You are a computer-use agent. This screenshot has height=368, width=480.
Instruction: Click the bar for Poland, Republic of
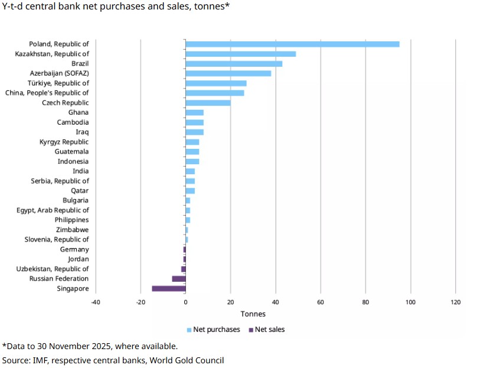(x=292, y=44)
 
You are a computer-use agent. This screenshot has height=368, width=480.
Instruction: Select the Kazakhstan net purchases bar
(x=240, y=54)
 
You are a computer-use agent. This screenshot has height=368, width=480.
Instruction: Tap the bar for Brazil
(x=234, y=64)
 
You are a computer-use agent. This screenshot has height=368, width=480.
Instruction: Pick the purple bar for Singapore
(x=169, y=288)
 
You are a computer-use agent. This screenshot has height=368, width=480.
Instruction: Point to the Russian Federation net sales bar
(x=179, y=279)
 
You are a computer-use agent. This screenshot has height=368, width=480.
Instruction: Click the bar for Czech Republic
(x=208, y=103)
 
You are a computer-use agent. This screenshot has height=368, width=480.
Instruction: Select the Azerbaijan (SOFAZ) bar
(x=228, y=73)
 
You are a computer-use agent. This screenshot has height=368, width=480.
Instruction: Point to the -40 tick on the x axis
(x=95, y=302)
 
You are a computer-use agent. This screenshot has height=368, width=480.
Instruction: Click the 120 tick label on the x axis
(x=455, y=302)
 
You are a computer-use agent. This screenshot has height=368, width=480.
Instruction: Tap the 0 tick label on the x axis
(x=185, y=302)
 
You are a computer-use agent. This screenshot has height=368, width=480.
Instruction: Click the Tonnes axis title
(x=253, y=314)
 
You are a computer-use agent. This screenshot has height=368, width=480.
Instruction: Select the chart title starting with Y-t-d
(x=116, y=8)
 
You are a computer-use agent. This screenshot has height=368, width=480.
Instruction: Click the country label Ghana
(x=78, y=112)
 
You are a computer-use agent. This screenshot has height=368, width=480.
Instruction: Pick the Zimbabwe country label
(x=72, y=230)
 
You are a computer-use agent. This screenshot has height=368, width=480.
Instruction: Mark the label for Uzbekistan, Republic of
(x=53, y=269)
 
